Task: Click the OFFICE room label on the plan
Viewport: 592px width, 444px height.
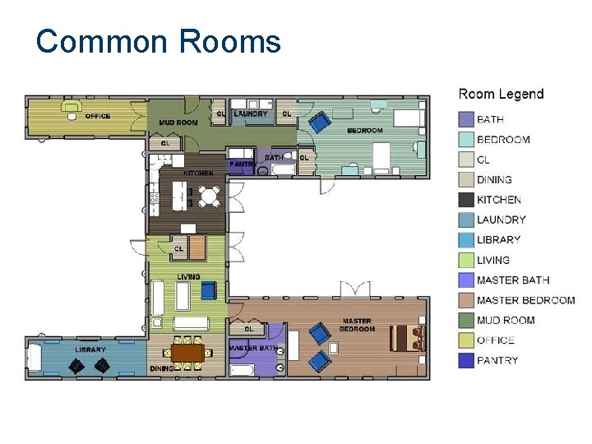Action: point(98,116)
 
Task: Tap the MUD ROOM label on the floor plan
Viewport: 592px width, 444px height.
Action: point(178,123)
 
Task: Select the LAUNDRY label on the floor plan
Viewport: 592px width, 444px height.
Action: point(250,113)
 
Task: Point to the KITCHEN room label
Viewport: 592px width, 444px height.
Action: point(199,173)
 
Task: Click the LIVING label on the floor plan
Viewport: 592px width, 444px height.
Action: point(188,277)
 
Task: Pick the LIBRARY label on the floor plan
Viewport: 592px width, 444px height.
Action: point(90,349)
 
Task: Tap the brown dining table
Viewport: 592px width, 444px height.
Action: point(187,353)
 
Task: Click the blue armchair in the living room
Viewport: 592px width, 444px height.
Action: point(209,290)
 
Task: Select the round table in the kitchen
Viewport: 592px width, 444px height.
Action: point(209,196)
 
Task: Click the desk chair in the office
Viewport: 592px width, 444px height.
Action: point(72,116)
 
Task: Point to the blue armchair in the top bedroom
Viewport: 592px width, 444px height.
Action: point(320,122)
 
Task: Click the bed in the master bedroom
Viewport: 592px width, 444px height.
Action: point(407,338)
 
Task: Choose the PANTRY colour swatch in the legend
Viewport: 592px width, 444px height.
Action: point(466,361)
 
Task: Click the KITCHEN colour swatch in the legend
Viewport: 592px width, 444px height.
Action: point(466,200)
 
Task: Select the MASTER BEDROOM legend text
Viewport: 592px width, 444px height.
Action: point(525,301)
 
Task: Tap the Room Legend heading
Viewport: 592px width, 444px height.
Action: point(501,94)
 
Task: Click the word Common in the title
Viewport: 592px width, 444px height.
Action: point(102,41)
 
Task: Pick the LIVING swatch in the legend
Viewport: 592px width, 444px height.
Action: point(466,260)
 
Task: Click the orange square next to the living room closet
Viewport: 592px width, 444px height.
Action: point(197,247)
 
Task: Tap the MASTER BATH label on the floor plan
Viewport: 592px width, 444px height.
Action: point(253,348)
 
